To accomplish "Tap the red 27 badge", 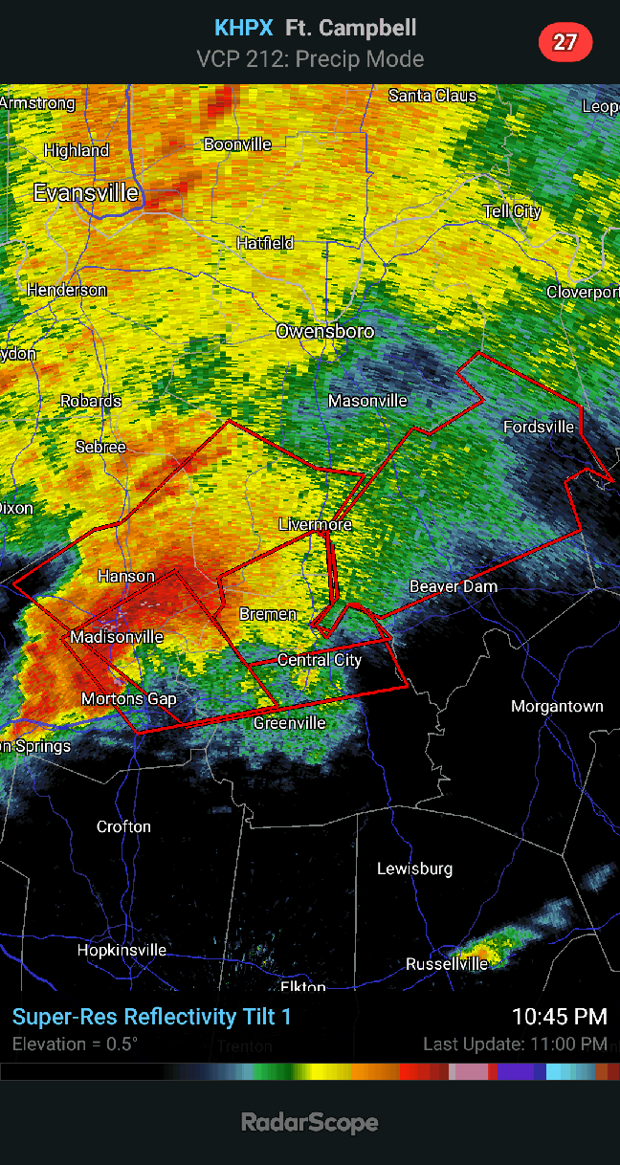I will point(565,42).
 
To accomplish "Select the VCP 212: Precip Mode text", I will point(310,59).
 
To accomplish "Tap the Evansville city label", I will point(86,193).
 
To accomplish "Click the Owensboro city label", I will point(324,332).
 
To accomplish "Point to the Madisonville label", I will point(117,637).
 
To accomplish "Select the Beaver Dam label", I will point(454,586).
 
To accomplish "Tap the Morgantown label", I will point(557,707).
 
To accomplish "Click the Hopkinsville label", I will point(122,950).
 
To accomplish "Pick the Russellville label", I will point(447,963).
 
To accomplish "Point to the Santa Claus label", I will point(432,96).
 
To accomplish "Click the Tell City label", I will point(512,211).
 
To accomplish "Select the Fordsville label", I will point(539,427).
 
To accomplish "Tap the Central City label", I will point(320,660).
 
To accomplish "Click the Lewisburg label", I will point(414,869).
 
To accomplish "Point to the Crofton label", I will point(123,826).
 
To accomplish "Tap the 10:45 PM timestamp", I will point(559,1016).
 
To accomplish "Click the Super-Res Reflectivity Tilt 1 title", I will point(151,1017).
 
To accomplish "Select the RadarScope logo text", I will point(309,1122).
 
